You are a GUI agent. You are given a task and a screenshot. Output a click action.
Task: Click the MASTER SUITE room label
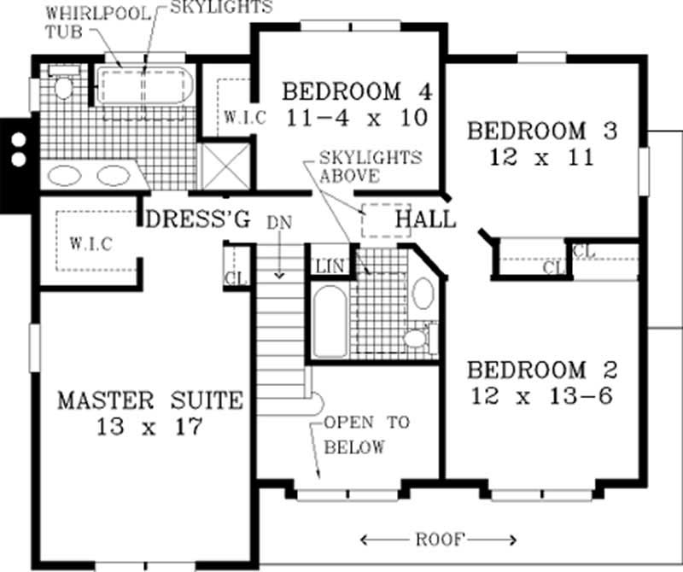click(150, 400)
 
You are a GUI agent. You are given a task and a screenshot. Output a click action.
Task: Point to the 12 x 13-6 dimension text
click(540, 397)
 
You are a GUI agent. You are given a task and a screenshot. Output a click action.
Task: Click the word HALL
click(425, 220)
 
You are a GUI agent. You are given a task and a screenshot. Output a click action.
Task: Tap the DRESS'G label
click(198, 219)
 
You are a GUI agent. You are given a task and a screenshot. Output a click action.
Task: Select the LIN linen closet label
click(329, 267)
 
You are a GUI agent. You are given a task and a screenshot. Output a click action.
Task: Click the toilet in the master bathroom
click(63, 86)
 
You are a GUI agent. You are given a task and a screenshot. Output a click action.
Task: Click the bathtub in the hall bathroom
click(328, 324)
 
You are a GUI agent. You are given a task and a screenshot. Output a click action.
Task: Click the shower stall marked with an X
click(225, 165)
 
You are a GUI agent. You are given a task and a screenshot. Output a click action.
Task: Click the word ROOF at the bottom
click(440, 539)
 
